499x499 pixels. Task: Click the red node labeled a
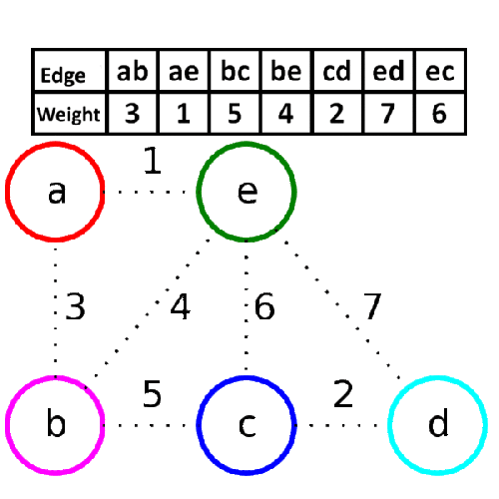pos(55,191)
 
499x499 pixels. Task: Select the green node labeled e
pos(247,191)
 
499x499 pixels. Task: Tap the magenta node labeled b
pos(55,425)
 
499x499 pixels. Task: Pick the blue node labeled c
pos(247,425)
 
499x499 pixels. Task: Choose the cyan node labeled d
pos(437,425)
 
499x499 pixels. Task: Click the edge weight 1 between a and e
pos(152,162)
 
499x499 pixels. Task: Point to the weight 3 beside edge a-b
pos(75,306)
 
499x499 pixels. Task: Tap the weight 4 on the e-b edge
pos(181,307)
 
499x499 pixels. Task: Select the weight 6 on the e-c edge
pos(264,307)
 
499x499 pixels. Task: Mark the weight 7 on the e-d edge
pos(371,307)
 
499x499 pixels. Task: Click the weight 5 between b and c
pos(152,394)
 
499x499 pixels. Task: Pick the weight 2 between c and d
pos(343,394)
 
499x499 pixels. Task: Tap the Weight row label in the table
pos(68,114)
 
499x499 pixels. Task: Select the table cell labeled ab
pos(133,73)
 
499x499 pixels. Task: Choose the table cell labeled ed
pos(387,73)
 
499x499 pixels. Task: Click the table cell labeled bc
pos(234,73)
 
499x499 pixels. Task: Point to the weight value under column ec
pos(438,114)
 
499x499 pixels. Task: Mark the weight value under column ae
pos(183,114)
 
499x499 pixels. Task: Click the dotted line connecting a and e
pos(151,191)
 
